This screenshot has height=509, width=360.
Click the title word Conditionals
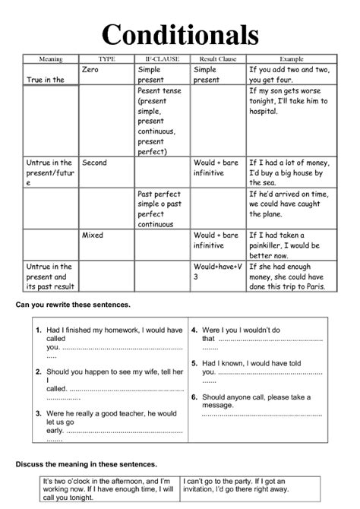180,34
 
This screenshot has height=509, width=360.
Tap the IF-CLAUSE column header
162,58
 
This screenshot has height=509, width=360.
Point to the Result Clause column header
218,58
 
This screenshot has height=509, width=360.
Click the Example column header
291,58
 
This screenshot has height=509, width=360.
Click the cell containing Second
94,163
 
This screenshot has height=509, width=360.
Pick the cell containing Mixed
92,236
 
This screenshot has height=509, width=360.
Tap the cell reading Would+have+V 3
217,272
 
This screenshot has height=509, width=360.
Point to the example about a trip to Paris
291,277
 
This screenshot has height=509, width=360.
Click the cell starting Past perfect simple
161,209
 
